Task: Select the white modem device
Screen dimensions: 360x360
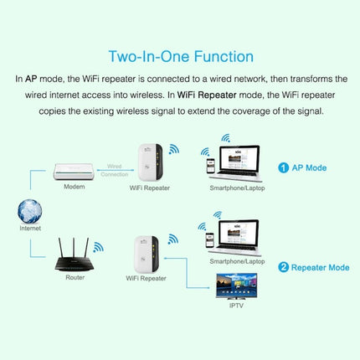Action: [74, 171]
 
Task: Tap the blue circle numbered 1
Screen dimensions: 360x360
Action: [283, 167]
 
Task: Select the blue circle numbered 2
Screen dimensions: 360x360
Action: [283, 268]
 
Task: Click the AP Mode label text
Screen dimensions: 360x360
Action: [309, 167]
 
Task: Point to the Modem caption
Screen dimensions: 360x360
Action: [74, 187]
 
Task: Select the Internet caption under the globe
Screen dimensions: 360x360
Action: [29, 228]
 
